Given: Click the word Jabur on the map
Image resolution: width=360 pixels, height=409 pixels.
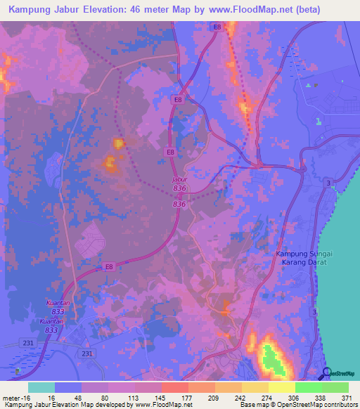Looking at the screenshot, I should click(180, 179).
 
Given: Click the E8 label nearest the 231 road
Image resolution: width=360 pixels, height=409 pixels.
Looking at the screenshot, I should click(109, 266).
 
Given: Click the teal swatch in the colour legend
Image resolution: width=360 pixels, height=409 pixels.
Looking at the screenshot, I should click(41, 387).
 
